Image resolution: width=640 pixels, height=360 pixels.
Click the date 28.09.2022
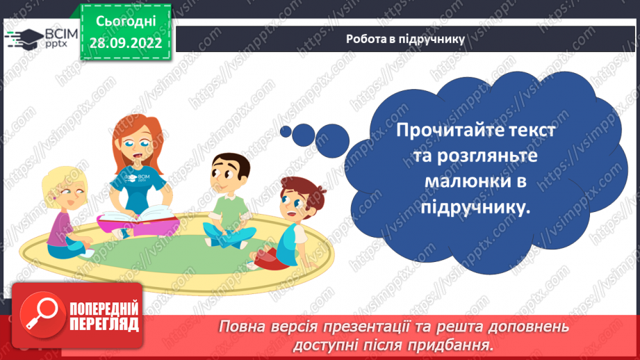(x=126, y=41)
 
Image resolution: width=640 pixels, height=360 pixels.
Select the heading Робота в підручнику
(x=405, y=39)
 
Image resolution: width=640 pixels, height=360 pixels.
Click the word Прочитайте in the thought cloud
(x=443, y=131)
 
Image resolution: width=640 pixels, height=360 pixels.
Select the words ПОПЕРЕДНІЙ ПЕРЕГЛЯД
(x=104, y=316)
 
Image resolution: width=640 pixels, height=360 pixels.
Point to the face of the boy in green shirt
(x=229, y=174)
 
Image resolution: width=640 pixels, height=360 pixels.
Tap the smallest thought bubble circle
(x=285, y=130)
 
